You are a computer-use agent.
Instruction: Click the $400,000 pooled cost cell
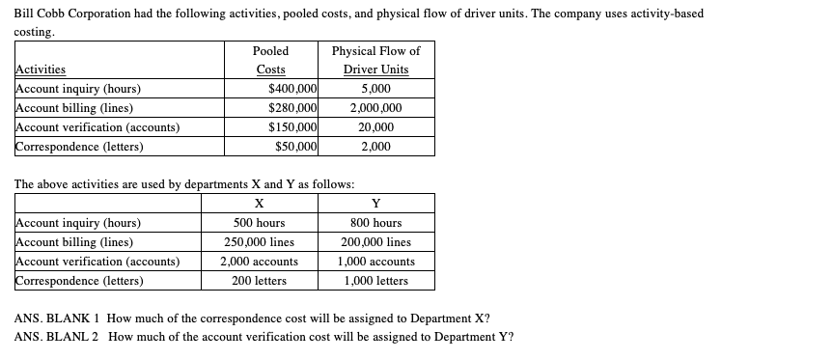(293, 89)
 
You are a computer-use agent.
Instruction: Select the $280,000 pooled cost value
(293, 108)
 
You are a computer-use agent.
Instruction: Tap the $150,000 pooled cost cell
(293, 127)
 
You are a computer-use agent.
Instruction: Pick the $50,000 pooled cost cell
(296, 147)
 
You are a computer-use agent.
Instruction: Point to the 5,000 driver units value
(375, 89)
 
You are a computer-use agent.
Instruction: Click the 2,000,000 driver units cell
(375, 108)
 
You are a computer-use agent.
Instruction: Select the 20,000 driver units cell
(375, 127)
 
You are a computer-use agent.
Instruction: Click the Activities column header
(41, 69)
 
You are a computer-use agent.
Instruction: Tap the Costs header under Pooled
(270, 69)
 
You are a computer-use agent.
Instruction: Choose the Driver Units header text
(375, 69)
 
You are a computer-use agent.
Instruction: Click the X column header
(259, 204)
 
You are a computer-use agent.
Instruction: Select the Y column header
(375, 204)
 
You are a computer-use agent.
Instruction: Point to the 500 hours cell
(259, 223)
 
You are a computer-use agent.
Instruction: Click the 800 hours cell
(375, 223)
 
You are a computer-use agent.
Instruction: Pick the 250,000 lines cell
(259, 242)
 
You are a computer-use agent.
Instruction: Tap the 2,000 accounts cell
(259, 262)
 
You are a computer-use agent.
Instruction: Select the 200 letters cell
(259, 281)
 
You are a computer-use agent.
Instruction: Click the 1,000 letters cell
(375, 281)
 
